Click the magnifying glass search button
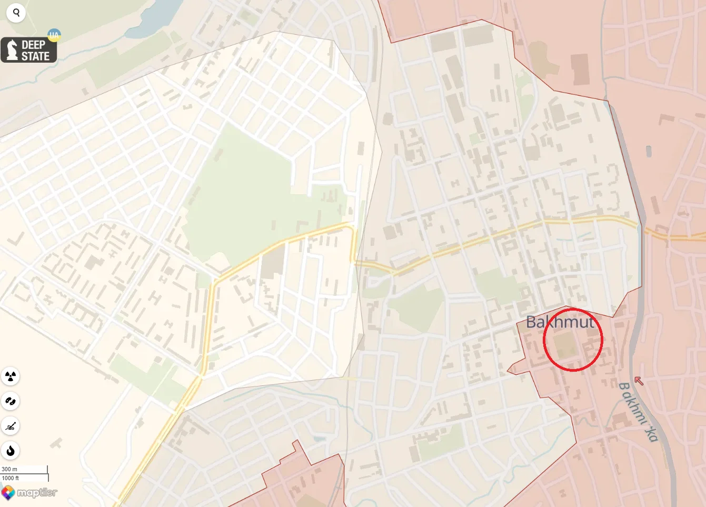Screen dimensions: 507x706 16,13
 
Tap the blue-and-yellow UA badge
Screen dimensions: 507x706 54,36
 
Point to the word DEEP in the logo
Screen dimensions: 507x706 34,45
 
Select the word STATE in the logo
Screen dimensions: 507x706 35,56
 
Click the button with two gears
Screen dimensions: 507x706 11,401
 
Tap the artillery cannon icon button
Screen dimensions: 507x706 11,426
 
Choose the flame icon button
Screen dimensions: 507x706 11,451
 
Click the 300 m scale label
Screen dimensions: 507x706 9,469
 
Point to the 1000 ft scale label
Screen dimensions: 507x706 11,478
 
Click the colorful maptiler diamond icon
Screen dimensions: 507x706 8,493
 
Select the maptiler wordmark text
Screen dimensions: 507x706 37,493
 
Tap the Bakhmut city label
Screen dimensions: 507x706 560,322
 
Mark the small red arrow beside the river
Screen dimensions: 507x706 639,380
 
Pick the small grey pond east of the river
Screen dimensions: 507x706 649,152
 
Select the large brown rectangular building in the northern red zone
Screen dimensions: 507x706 580,69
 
